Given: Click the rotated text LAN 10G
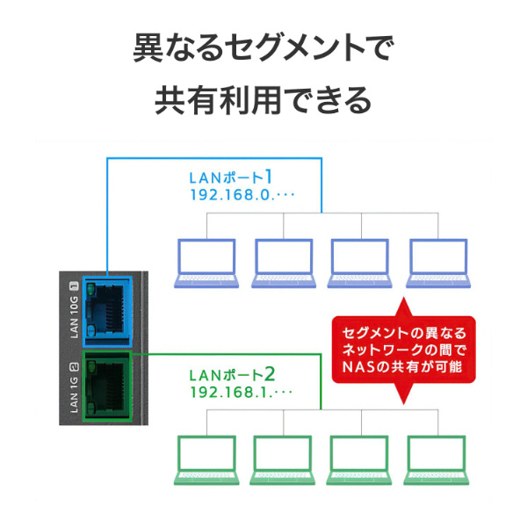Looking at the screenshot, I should [75, 314].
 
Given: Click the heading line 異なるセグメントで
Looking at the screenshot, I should [263, 48].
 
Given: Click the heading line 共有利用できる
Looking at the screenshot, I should [263, 99].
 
